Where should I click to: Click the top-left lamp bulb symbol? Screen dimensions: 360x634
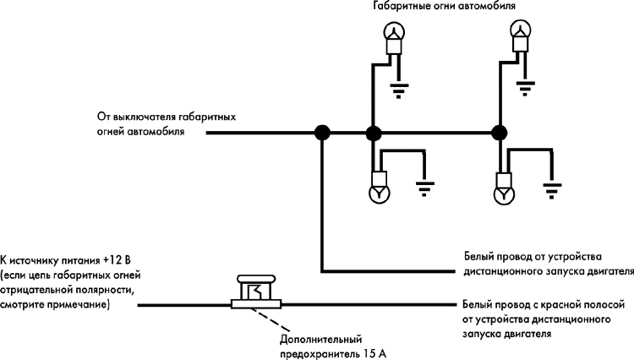coord(392,32)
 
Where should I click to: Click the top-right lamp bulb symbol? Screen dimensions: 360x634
coord(521,32)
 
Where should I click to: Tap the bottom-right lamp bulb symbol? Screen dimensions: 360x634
coord(505,194)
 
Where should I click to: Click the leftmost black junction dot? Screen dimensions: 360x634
coord(322,132)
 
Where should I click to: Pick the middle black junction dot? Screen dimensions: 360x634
coord(372,132)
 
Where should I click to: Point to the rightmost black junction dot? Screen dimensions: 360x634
coord(500,132)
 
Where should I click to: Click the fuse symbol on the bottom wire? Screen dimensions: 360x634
coord(256,292)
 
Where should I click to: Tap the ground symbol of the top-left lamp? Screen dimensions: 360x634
coord(399,87)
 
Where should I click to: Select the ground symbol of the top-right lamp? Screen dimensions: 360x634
coord(527,87)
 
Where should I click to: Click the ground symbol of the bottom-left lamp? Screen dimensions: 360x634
coord(425,188)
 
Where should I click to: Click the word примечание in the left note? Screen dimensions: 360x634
coord(80,303)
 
